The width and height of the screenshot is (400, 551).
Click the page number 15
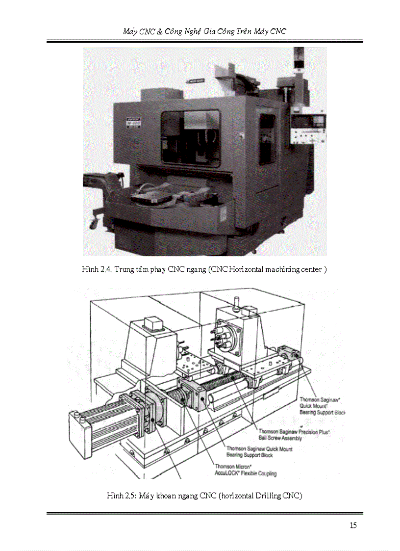click(353, 525)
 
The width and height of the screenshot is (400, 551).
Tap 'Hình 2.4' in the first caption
click(96, 269)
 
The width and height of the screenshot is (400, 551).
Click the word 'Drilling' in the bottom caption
click(269, 496)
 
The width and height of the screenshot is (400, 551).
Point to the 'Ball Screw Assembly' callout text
click(280, 438)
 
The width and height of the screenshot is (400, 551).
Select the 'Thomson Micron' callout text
click(233, 467)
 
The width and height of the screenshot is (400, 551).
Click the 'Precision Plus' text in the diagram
click(314, 431)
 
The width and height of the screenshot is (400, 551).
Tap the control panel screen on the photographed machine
click(309, 121)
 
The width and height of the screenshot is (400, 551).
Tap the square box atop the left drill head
click(153, 324)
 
